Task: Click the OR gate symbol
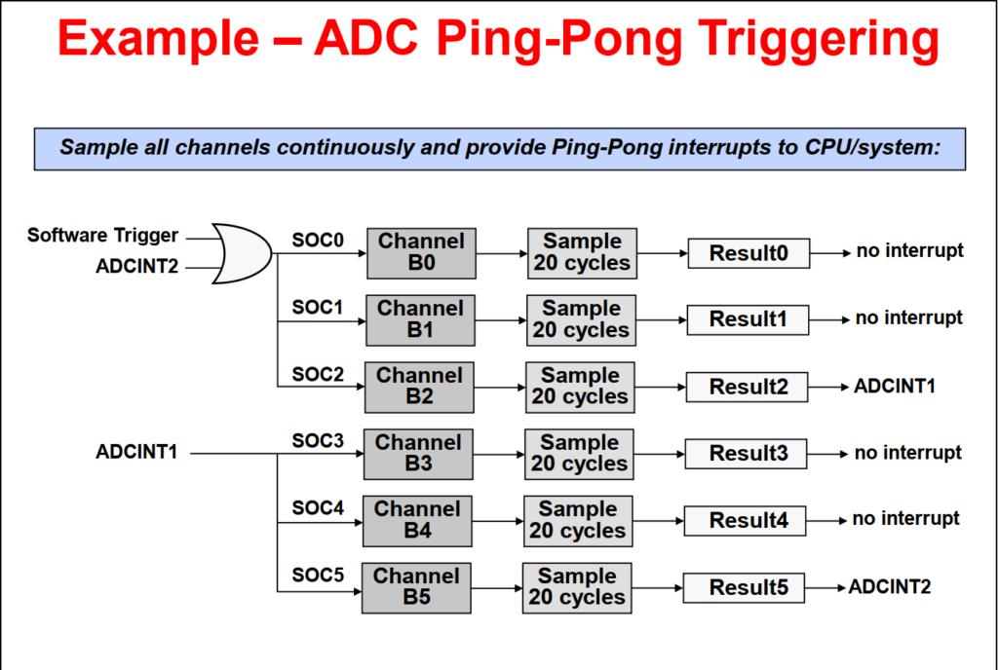pos(243,253)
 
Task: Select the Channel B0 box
pos(421,253)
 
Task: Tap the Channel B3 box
pos(418,454)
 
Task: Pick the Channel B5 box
pos(416,587)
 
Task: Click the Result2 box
pos(748,387)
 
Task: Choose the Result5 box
pos(744,587)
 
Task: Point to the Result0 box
pos(748,253)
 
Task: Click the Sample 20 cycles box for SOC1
pos(581,319)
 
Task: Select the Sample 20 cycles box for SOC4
pos(578,520)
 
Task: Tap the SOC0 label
pos(318,239)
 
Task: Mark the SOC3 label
pos(318,440)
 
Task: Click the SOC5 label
pos(318,575)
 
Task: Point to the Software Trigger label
pos(102,236)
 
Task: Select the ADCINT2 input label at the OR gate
pos(137,266)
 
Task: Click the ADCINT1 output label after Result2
pos(895,386)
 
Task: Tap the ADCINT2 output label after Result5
pos(889,586)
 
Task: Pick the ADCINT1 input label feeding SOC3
pos(136,452)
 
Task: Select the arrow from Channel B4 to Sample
pos(497,520)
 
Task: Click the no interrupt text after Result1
pos(908,317)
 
